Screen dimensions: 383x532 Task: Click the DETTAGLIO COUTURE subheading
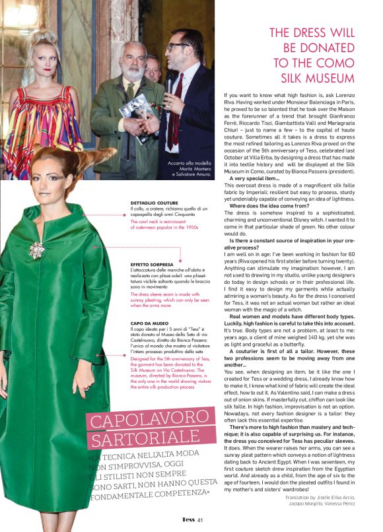point(154,203)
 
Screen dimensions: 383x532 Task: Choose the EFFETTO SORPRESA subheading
point(152,264)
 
